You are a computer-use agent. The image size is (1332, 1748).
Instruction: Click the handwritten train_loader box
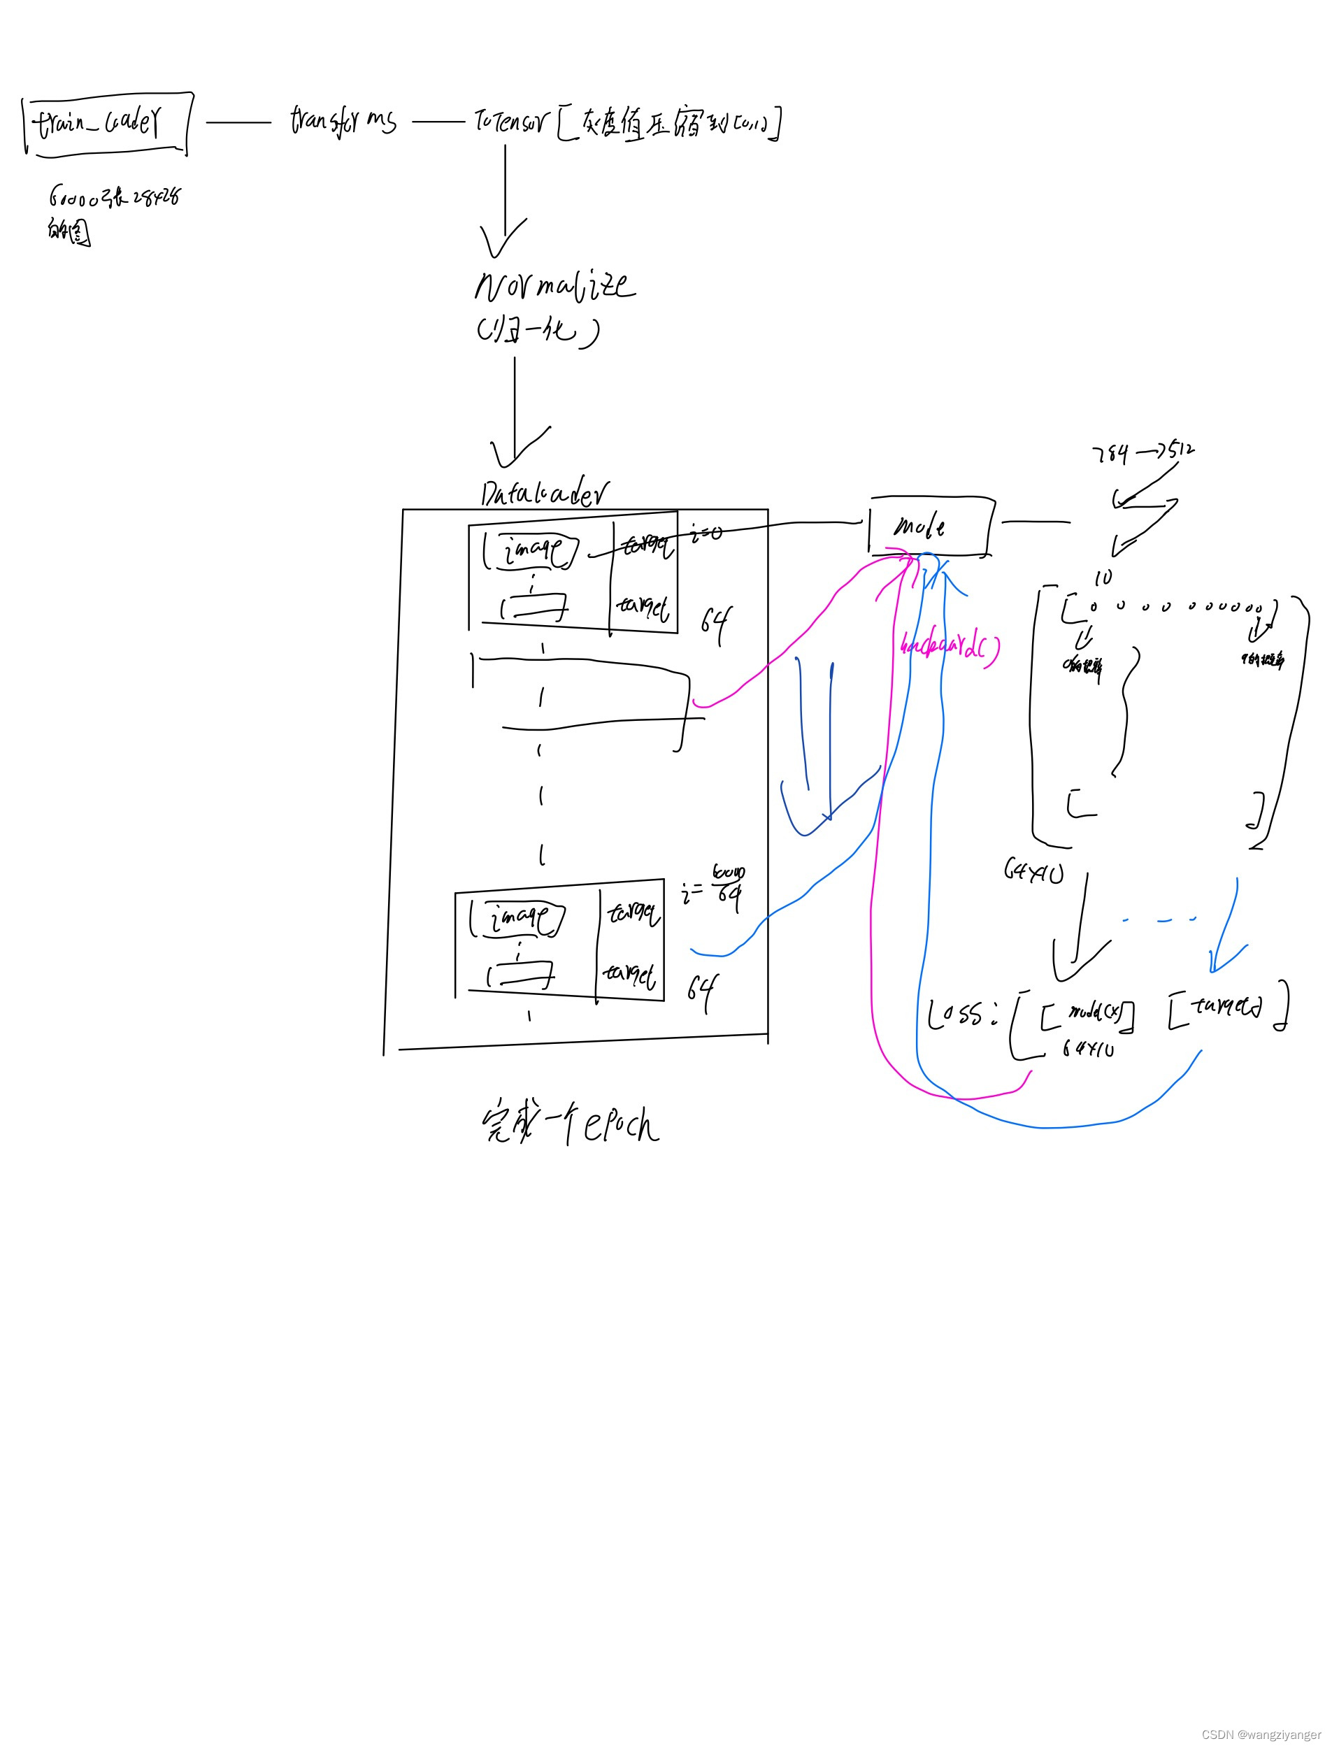(107, 124)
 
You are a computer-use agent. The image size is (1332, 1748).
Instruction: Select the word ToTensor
(510, 120)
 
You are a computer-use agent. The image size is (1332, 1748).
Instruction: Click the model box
(930, 526)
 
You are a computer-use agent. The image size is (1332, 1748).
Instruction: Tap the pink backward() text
(949, 647)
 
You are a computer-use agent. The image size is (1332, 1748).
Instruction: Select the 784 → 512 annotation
(1143, 452)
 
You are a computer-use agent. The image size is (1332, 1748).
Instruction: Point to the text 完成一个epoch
(570, 1124)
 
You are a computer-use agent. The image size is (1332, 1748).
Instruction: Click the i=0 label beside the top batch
(706, 533)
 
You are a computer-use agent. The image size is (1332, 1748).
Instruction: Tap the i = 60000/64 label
(714, 887)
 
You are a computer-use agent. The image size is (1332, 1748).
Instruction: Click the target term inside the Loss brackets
(1225, 1008)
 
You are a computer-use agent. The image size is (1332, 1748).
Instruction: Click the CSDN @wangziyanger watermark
(1260, 1735)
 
